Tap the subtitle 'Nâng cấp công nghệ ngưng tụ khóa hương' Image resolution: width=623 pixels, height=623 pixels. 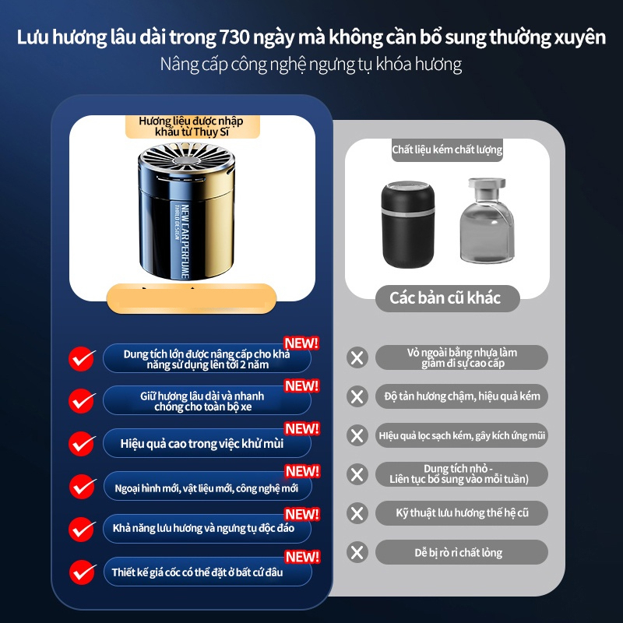tap(311, 65)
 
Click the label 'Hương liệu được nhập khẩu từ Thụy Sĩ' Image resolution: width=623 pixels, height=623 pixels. tap(191, 127)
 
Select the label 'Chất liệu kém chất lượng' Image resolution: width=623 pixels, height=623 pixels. tap(447, 150)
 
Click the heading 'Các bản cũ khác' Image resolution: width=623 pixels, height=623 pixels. tap(445, 297)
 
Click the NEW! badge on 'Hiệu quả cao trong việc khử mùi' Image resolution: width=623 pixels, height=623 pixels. tap(301, 429)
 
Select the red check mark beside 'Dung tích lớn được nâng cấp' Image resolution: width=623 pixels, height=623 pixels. tap(82, 358)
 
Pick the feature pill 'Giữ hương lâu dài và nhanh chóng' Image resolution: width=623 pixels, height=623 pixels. tap(207, 401)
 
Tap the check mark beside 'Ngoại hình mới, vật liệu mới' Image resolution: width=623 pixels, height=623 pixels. tap(82, 487)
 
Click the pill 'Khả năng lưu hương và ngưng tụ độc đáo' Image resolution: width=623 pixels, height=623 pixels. tap(207, 529)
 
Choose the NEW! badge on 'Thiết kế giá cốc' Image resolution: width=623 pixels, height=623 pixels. tap(301, 557)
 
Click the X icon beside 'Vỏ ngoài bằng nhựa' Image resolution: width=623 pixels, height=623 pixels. tap(357, 358)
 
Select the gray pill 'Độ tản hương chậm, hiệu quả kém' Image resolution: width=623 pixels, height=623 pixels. tap(462, 396)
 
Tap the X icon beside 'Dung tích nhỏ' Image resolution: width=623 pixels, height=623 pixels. tap(357, 473)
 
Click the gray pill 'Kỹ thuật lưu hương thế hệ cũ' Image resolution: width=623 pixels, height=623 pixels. tap(462, 513)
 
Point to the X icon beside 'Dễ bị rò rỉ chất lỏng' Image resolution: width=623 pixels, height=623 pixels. tap(357, 552)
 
